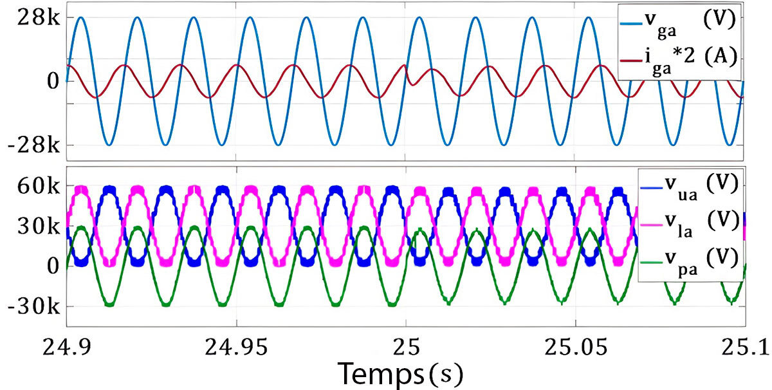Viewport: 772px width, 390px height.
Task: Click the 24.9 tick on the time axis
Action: (x=68, y=348)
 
